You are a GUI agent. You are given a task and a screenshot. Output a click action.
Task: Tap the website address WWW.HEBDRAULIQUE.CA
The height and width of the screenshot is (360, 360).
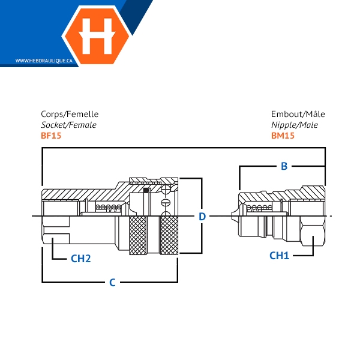(44, 61)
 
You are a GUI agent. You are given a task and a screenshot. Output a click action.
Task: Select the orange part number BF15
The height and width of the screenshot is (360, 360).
(51, 136)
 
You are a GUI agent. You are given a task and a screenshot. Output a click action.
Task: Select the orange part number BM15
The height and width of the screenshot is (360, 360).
(282, 136)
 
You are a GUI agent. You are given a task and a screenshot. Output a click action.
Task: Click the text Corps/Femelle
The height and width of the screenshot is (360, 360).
(70, 114)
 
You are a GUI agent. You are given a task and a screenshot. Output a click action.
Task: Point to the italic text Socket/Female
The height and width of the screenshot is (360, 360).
(68, 125)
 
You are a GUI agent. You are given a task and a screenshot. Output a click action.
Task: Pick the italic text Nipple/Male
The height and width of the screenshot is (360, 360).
(295, 125)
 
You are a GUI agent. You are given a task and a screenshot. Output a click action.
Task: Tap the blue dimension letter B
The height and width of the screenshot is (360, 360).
(284, 166)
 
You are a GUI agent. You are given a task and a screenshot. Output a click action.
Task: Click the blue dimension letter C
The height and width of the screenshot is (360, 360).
(112, 282)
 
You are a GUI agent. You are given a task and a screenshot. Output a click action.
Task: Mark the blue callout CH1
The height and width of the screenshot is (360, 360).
(279, 256)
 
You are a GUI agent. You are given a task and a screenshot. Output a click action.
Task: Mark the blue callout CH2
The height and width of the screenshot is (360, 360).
(80, 259)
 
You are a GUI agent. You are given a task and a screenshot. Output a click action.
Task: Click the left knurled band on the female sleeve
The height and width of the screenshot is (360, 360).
(139, 236)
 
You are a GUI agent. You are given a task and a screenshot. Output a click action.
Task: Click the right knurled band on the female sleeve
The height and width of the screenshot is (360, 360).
(169, 236)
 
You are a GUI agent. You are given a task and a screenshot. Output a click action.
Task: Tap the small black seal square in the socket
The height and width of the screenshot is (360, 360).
(146, 191)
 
